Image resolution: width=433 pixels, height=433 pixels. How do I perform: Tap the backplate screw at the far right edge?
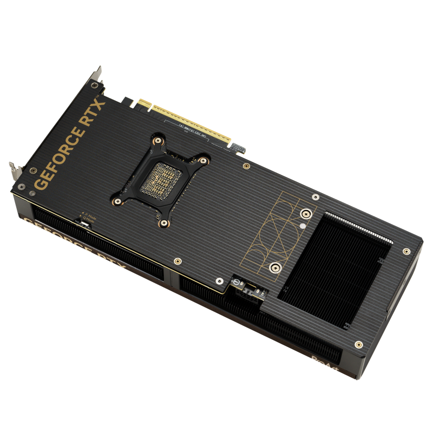point(406,251)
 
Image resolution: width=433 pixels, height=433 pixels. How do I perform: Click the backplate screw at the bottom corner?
point(358,344)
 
